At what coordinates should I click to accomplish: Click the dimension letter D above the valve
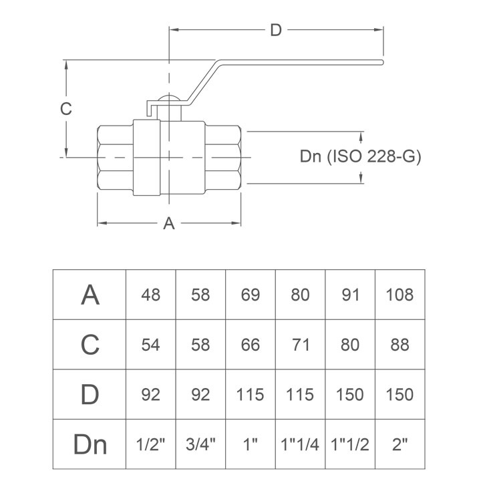click(276, 30)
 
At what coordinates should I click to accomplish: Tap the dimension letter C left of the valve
click(65, 109)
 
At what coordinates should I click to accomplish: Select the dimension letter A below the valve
click(170, 223)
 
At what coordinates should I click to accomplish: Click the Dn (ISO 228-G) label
click(360, 157)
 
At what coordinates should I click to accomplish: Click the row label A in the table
click(90, 295)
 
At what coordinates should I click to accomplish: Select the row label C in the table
click(90, 345)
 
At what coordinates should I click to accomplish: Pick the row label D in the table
click(90, 394)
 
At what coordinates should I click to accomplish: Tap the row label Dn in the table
click(90, 444)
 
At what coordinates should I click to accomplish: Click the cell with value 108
click(400, 295)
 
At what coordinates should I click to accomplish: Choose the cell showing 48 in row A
click(151, 295)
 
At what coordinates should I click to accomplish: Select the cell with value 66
click(251, 345)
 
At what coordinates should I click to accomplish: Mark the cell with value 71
click(301, 345)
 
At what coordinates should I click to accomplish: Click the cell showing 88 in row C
click(400, 345)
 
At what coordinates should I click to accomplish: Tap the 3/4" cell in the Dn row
click(200, 444)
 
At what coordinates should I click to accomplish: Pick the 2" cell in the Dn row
click(400, 444)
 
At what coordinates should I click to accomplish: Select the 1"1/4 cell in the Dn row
click(301, 444)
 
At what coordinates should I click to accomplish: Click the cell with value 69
click(251, 295)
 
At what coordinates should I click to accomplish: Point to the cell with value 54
click(151, 345)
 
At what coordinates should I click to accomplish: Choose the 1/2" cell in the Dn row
click(151, 444)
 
